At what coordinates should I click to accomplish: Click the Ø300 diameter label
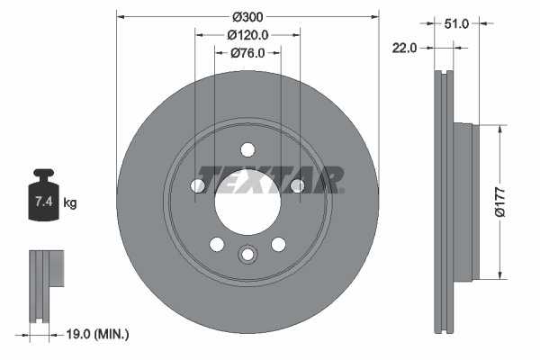tap(247, 16)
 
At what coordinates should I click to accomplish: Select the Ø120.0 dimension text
tap(247, 34)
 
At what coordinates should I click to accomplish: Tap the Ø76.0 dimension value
tap(247, 52)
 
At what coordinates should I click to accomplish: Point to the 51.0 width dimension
tap(458, 24)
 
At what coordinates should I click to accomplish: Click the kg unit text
tap(70, 203)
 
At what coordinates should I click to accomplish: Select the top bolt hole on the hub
tap(247, 150)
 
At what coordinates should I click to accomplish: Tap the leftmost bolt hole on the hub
tap(198, 185)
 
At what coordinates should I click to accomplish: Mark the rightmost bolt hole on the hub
tap(296, 185)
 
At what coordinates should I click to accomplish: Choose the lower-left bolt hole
tap(216, 243)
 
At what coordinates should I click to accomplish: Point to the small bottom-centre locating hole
tap(247, 256)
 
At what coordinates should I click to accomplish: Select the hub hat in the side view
tap(464, 201)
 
